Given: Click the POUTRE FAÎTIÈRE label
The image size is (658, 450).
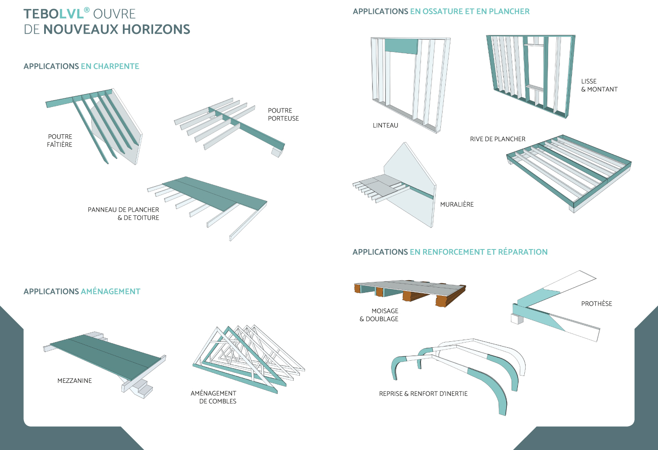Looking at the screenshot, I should point(60,141).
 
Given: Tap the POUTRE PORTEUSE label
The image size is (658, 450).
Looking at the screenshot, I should point(283,114).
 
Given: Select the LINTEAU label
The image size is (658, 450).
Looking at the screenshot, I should point(385,126).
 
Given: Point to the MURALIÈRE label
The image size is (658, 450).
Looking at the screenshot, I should point(457,204).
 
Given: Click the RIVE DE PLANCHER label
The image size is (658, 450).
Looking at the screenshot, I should point(498,139).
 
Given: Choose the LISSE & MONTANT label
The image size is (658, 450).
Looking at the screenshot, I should point(599,85).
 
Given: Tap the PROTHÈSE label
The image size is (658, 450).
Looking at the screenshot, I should point(597,304).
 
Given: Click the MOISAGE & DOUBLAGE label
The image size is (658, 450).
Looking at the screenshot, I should point(379,315).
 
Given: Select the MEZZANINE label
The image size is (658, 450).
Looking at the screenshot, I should point(74,381).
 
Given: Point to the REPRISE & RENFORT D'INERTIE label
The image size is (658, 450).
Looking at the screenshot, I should point(423,394).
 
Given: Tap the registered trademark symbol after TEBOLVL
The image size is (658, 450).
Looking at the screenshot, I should point(87,10).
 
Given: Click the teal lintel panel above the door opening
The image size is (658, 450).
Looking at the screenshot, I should point(401,46).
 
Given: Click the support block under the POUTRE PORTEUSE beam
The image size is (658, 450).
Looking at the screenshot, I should point(276,152).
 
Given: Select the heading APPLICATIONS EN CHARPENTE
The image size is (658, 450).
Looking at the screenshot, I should point(81,66).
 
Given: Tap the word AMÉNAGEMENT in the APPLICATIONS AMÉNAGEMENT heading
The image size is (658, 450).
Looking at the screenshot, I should point(110,291).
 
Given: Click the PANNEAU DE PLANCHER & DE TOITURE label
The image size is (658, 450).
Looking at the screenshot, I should point(124,214).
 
